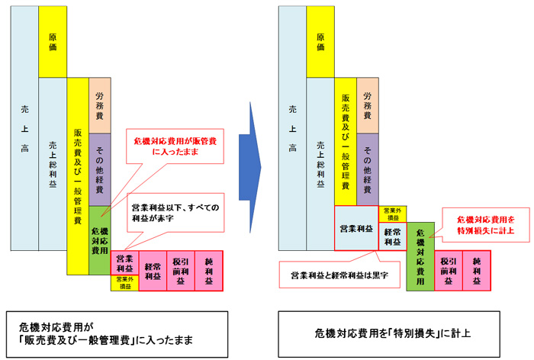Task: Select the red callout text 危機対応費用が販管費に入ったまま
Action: [173, 146]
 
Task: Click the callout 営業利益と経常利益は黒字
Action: [334, 273]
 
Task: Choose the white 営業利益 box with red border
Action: [356, 228]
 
